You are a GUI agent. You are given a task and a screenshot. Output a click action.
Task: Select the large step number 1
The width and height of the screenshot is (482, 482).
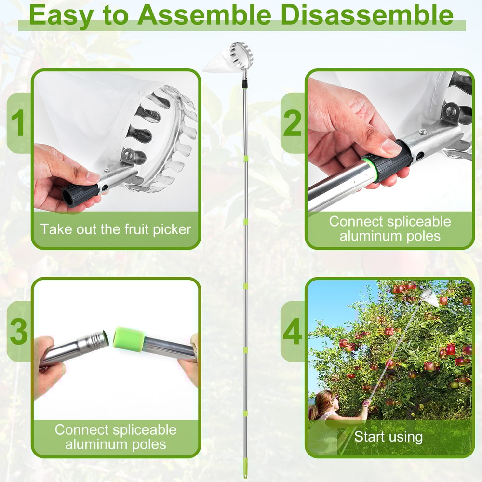18,123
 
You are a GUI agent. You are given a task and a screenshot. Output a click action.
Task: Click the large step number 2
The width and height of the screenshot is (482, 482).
293,123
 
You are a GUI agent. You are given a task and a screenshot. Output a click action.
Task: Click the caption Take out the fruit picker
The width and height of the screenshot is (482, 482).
116,228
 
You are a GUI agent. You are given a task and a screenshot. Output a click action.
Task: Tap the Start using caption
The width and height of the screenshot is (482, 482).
388,437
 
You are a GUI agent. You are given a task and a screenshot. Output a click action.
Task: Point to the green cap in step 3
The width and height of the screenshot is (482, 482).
128,336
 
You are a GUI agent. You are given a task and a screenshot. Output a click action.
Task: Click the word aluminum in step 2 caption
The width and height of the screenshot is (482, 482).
365,236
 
